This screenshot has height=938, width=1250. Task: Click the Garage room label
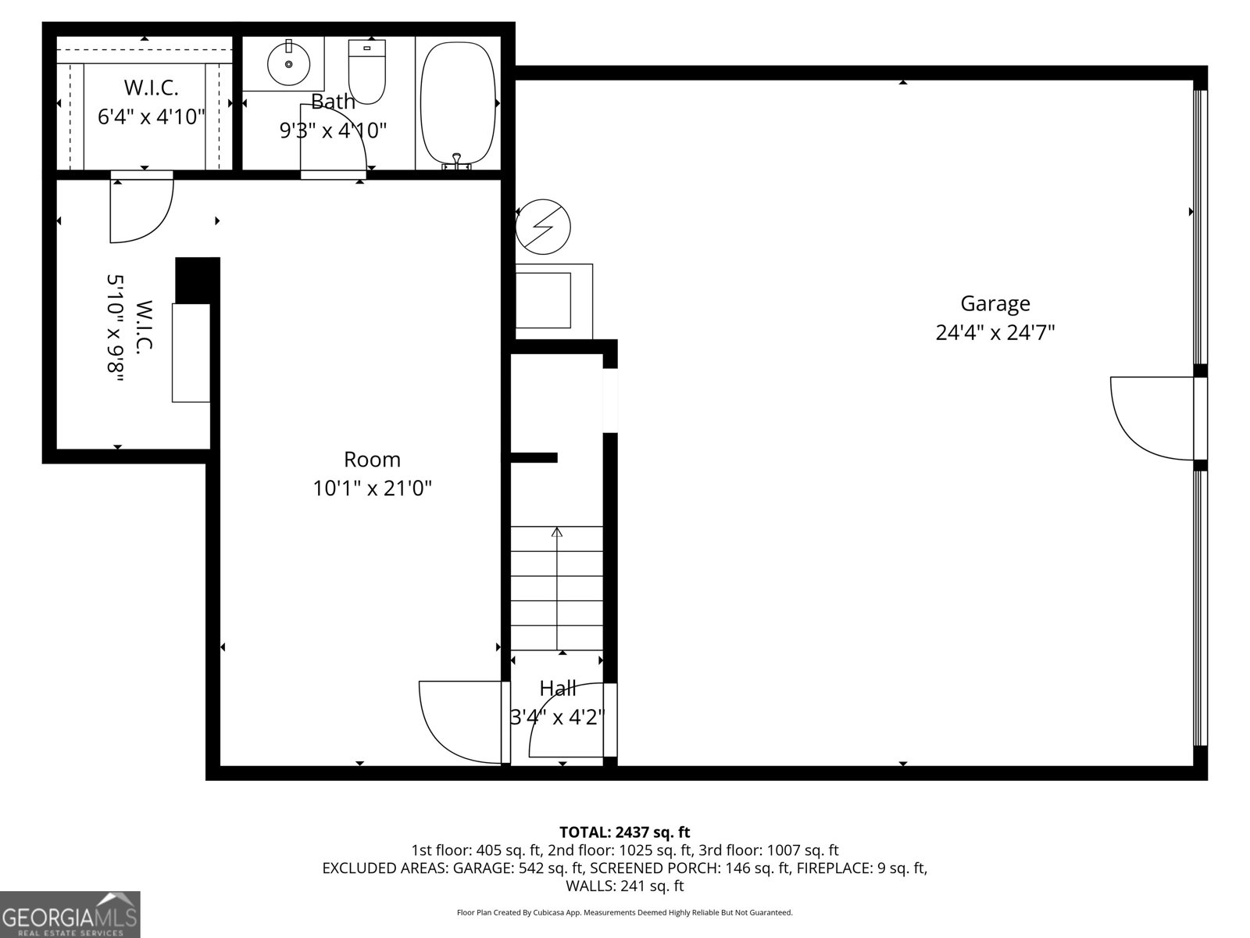coord(995,303)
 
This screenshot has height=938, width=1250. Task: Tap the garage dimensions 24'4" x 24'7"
coord(995,333)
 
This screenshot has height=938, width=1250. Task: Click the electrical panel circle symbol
coord(543,227)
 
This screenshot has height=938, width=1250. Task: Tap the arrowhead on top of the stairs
coord(557,532)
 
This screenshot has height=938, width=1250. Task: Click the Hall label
coord(558,689)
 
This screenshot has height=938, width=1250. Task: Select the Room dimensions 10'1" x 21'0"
coord(372,489)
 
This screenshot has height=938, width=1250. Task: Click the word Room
coord(372,460)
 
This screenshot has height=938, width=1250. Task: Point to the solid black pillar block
coord(197,280)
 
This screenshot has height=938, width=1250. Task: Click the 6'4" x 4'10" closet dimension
coord(151,117)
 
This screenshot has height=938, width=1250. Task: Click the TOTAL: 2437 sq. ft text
coord(624,832)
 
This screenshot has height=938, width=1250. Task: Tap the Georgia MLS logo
coord(70,914)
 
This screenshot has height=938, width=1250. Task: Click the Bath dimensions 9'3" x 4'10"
coord(333,131)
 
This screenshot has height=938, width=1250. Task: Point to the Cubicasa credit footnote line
coord(624,912)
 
